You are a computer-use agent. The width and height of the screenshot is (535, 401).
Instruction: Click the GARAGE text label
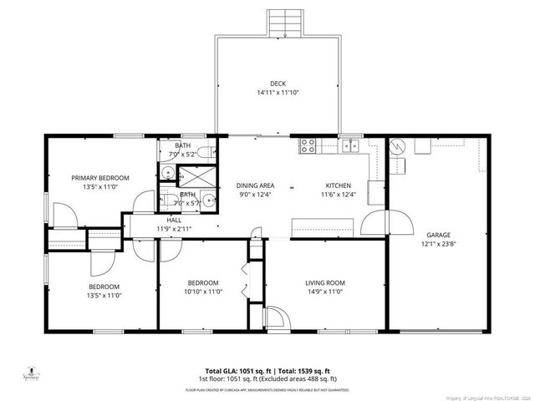click(438, 236)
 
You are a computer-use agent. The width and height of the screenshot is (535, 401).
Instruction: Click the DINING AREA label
click(255, 185)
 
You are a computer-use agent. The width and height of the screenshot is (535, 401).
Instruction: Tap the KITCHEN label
click(338, 185)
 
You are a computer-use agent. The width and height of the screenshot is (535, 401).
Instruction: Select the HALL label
click(174, 219)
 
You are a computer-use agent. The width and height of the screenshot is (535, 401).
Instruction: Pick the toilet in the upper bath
click(209, 154)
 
